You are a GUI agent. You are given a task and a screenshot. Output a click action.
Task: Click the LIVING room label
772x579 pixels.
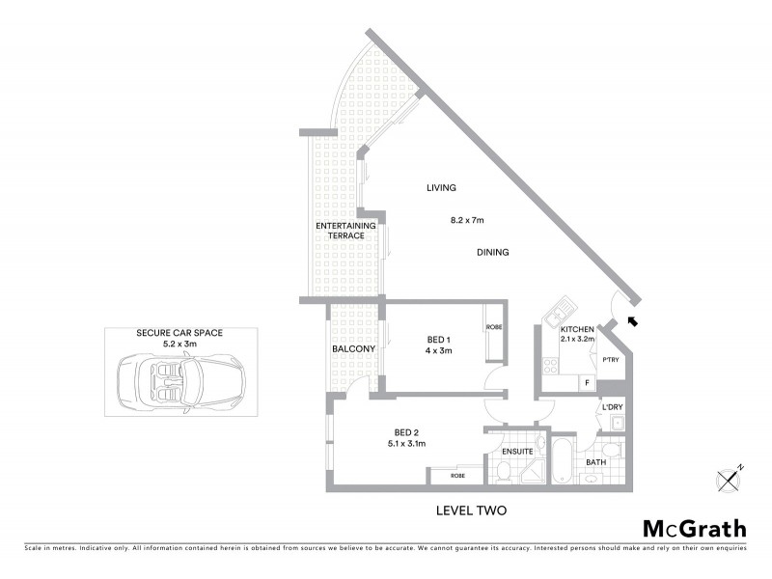(x=441, y=188)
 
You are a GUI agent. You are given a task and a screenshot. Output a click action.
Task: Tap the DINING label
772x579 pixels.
(x=492, y=253)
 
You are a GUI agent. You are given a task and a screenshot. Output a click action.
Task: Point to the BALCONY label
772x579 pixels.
(x=353, y=348)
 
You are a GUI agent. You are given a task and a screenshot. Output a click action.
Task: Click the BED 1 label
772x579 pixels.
(x=439, y=340)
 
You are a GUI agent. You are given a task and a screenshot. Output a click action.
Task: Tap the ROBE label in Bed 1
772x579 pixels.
(x=494, y=328)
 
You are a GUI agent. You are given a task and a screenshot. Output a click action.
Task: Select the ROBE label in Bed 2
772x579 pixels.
(x=457, y=477)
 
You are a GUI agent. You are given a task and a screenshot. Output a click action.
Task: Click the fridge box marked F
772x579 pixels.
(x=586, y=383)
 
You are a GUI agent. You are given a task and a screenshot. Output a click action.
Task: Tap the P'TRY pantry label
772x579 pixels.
(x=610, y=360)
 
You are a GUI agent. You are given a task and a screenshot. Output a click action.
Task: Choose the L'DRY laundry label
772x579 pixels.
(x=613, y=407)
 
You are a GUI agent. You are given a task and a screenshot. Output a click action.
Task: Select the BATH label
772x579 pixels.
(x=594, y=462)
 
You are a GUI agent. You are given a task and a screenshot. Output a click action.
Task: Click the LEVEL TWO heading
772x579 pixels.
(x=472, y=510)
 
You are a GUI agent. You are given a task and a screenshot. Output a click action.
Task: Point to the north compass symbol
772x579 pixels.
(x=730, y=478)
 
